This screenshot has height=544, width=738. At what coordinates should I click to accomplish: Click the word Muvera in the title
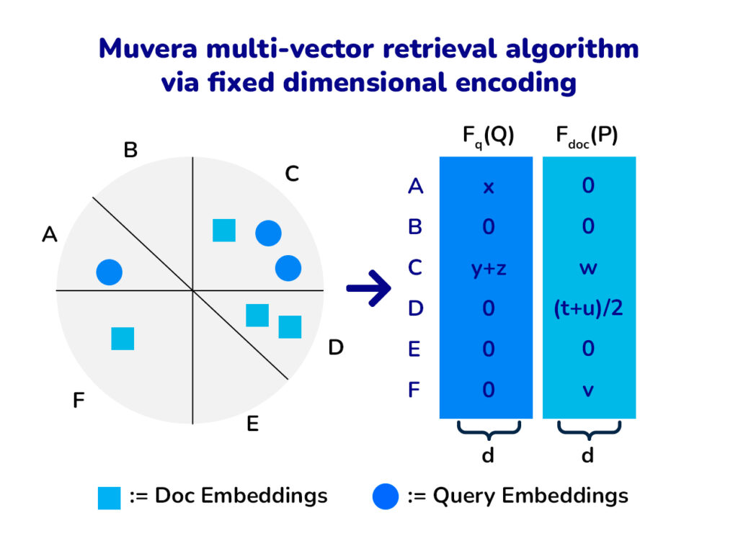pos(148,48)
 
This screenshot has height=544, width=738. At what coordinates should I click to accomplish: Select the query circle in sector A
pos(110,272)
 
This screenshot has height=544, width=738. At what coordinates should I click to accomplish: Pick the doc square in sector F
pos(123,339)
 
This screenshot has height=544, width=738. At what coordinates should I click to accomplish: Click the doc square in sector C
pos(224,230)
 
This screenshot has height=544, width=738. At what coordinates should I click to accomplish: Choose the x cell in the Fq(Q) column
pos(489,187)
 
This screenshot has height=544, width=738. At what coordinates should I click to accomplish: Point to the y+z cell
pos(489,268)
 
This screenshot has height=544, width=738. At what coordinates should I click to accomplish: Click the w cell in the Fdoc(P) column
pos(588,268)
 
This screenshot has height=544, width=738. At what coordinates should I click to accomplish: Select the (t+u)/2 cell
pos(588,308)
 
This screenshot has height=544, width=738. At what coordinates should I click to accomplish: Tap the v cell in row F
pos(588,390)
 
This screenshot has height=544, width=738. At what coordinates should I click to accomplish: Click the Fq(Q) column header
pos(488,136)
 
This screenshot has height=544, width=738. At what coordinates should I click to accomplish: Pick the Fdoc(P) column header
pos(587,136)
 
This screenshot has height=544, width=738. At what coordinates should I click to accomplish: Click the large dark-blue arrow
pos(368,288)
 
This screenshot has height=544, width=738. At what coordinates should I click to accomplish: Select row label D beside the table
pos(416,308)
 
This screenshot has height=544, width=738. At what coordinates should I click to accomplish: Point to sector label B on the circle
pos(130,150)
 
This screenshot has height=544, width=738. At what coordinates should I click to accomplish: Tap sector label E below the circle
pos(253,424)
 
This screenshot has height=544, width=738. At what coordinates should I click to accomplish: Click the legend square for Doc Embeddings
pos(110,498)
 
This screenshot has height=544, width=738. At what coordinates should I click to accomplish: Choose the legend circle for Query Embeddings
pos(386,496)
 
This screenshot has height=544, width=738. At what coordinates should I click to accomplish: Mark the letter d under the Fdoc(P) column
pos(587,455)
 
